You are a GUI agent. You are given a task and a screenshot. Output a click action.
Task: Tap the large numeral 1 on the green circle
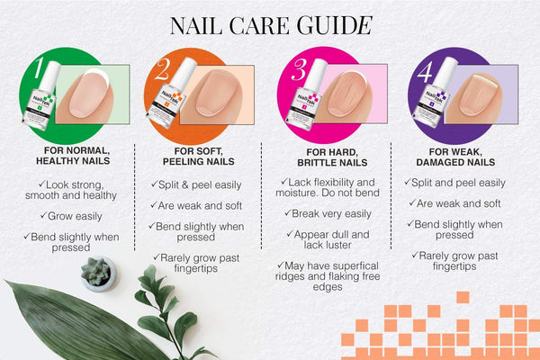coord(40,67)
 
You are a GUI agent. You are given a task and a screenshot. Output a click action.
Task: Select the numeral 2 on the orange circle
coord(163,69)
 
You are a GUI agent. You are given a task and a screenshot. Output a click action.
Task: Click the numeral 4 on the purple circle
coord(426,72)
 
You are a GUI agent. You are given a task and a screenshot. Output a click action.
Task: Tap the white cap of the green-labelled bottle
coord(49,76)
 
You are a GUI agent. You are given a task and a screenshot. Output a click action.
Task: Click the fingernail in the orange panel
coord(216,93)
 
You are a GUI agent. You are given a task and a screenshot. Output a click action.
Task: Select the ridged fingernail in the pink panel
coord(347,94)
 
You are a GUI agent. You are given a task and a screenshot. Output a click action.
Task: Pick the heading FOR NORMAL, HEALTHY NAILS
coord(73,156)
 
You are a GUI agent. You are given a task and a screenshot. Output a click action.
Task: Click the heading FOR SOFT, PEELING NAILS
coord(199,156)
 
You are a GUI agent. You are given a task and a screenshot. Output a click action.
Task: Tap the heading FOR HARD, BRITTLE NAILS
coord(332,157)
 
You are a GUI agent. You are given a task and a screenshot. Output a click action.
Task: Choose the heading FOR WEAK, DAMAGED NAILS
coord(455,157)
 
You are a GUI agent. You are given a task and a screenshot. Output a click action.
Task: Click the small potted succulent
coord(98,274)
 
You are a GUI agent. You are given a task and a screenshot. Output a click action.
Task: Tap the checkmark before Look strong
coord(42,184)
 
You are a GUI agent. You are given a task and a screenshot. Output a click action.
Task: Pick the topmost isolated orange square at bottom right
coord(463,297)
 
